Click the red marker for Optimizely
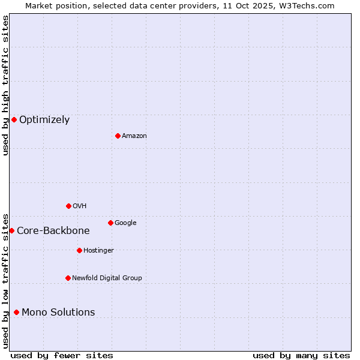pos(14,119)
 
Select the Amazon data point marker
pos(118,136)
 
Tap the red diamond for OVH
pos(68,206)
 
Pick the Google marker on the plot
pos(110,223)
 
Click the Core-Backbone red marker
pos(11,230)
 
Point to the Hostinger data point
pos(79,250)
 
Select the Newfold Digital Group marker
pos(68,278)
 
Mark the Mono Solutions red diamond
pos(16,312)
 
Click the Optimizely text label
pos(44,120)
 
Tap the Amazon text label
pos(134,136)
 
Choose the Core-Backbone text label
pos(53,231)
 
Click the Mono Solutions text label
pos(58,313)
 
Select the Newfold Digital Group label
pos(107,278)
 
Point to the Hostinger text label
pos(98,251)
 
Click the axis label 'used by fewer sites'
pos(62,355)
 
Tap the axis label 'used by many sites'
pos(301,355)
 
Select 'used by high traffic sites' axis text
pos(5,85)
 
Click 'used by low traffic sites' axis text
pos(5,280)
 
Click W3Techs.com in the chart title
pos(310,5)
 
